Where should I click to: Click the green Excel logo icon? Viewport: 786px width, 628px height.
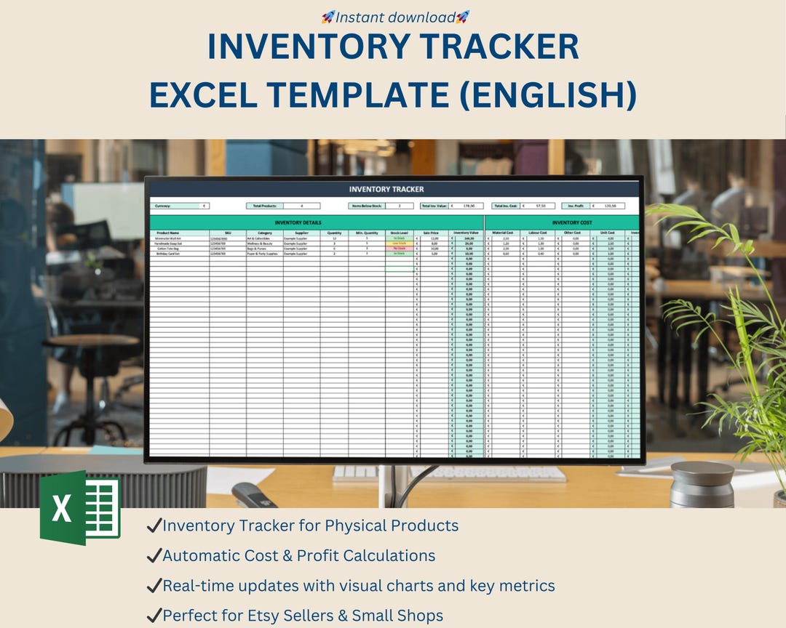[x=80, y=507]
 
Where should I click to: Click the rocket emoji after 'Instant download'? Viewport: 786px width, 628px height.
[x=463, y=16]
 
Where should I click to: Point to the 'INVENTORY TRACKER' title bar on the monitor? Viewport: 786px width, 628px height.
[x=386, y=189]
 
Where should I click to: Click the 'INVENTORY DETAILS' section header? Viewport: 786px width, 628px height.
[x=297, y=222]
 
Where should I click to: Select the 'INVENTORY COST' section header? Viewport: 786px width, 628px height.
[x=571, y=222]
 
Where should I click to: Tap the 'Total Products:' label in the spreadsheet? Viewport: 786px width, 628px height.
[x=265, y=206]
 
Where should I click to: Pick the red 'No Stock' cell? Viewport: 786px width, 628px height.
[x=399, y=248]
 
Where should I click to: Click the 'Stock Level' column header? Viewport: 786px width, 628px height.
[x=399, y=233]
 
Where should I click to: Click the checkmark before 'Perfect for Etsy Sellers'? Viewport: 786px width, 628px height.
[x=154, y=616]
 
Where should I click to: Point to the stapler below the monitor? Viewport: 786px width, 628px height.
[x=255, y=496]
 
